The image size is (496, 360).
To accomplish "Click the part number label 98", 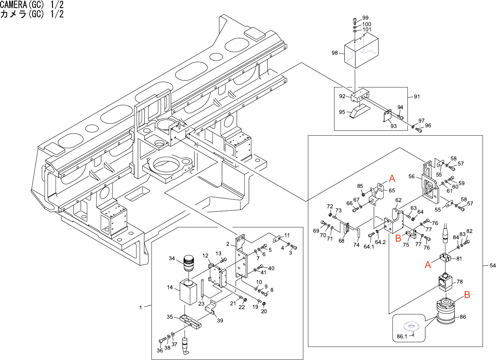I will click(334, 53).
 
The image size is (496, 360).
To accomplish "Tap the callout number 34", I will click(172, 258).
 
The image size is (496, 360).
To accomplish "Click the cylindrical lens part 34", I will click(188, 263).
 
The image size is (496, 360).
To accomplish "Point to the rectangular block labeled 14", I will click(188, 292).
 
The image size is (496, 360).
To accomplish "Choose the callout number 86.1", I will click(402, 336).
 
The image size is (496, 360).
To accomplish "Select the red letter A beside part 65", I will click(392, 179).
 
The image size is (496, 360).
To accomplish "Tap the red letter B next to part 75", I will click(398, 238).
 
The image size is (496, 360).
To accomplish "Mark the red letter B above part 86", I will click(467, 295).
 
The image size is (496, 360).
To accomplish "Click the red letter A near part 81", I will click(428, 265).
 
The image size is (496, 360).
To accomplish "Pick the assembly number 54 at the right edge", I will click(493, 265).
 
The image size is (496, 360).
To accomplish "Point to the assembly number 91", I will click(417, 97).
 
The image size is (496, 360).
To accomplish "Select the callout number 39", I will click(220, 320).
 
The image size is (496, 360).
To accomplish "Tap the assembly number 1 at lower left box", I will click(141, 307).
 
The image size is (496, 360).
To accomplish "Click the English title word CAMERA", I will click(13, 4).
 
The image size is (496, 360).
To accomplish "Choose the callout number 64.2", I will click(380, 242).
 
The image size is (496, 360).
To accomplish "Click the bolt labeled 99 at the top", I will click(355, 20).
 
